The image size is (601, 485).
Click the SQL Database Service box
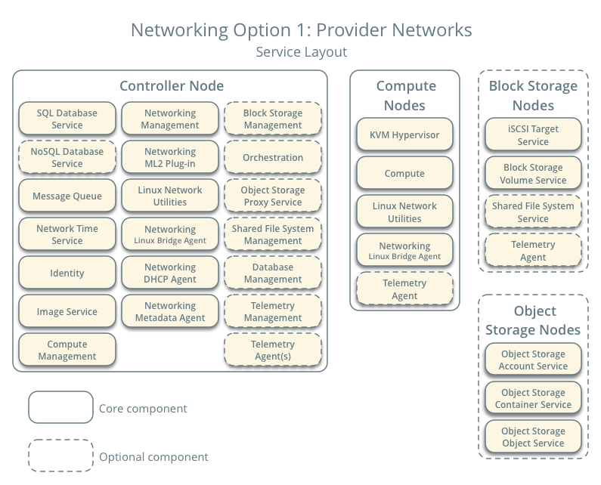(67, 119)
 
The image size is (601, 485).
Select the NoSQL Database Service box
(67, 157)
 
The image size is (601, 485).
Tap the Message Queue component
(67, 196)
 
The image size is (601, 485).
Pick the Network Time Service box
(67, 234)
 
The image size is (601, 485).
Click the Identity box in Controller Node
(67, 273)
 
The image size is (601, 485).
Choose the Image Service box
(67, 311)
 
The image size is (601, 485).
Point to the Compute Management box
(67, 350)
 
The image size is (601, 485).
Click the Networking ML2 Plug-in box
(170, 157)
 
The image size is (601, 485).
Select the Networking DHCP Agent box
(170, 273)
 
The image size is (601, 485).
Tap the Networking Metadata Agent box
(170, 311)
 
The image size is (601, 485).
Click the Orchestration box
(273, 157)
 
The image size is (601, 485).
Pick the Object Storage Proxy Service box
(273, 196)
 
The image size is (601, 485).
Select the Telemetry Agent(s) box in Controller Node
(273, 350)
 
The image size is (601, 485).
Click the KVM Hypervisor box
(404, 134)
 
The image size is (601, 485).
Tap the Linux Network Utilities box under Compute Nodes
(404, 212)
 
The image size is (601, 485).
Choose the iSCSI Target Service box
(533, 134)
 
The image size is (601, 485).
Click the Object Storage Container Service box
(533, 398)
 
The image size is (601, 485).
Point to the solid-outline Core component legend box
(60, 408)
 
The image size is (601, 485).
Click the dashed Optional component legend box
(60, 456)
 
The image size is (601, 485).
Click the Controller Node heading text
(172, 86)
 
